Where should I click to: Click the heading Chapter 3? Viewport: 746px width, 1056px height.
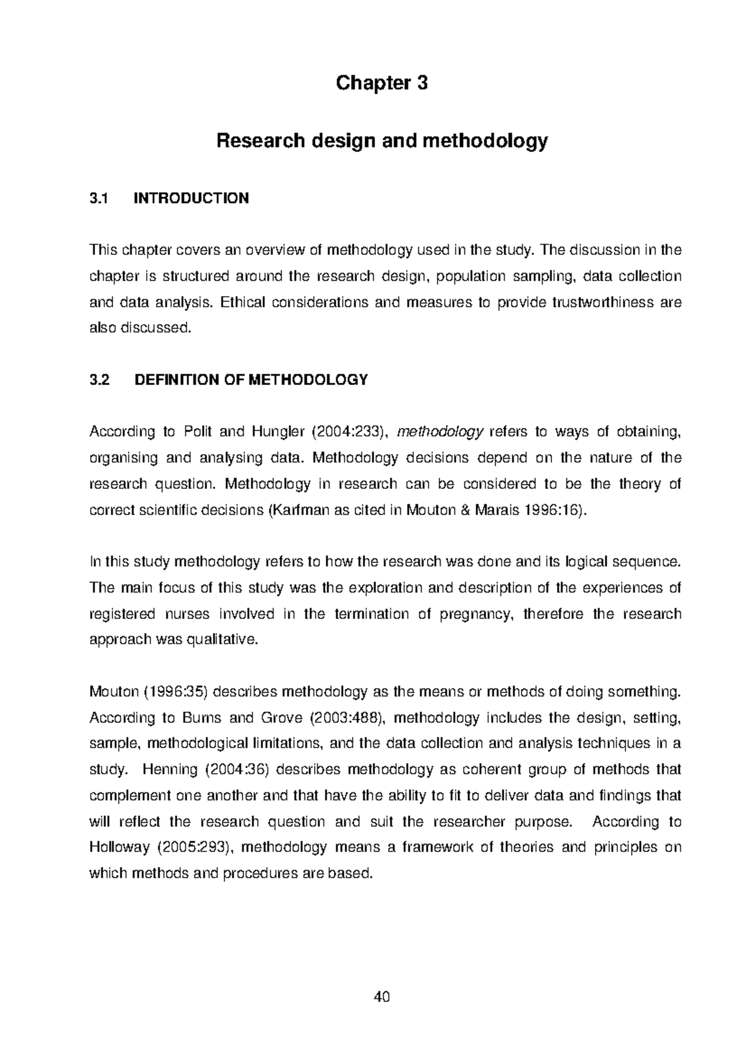(382, 83)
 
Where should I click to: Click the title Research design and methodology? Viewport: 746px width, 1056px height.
(382, 141)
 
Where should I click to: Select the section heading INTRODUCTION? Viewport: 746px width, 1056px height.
(191, 198)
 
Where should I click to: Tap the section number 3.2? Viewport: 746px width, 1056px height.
(99, 380)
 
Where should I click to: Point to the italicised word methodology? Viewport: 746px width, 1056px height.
(440, 432)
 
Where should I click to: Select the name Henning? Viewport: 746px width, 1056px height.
(170, 770)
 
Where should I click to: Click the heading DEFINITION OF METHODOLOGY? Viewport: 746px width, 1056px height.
(251, 380)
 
